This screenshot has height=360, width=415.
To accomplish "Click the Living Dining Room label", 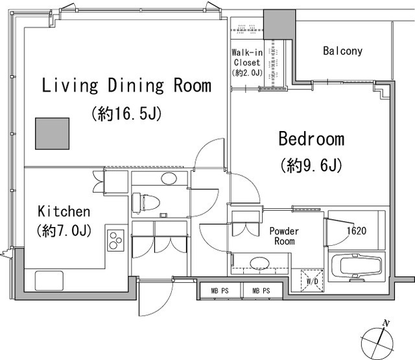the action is (126, 85).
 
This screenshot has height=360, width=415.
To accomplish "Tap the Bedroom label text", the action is (311, 138).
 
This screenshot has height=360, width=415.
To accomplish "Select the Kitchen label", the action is (64, 211).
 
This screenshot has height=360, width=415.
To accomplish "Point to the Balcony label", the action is (342, 51).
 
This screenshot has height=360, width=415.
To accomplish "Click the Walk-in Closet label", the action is (247, 58).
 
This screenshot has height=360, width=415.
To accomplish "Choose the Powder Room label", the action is (284, 236).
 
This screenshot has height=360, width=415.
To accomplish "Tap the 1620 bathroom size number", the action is (357, 231).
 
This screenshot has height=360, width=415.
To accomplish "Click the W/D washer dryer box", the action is (313, 281).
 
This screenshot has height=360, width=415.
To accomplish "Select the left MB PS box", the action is (220, 291).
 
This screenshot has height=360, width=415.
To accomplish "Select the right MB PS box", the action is (261, 291).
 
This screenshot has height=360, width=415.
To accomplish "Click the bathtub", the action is (357, 267).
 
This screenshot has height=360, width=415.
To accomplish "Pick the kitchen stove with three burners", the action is (115, 241).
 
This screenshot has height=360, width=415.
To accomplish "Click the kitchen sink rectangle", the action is (49, 281).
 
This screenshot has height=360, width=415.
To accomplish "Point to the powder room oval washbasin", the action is (259, 263).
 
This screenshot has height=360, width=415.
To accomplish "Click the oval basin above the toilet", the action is (169, 178).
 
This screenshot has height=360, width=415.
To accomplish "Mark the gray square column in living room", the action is (53, 134).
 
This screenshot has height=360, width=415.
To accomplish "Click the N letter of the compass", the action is (386, 323).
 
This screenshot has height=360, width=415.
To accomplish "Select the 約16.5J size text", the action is (126, 114).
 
